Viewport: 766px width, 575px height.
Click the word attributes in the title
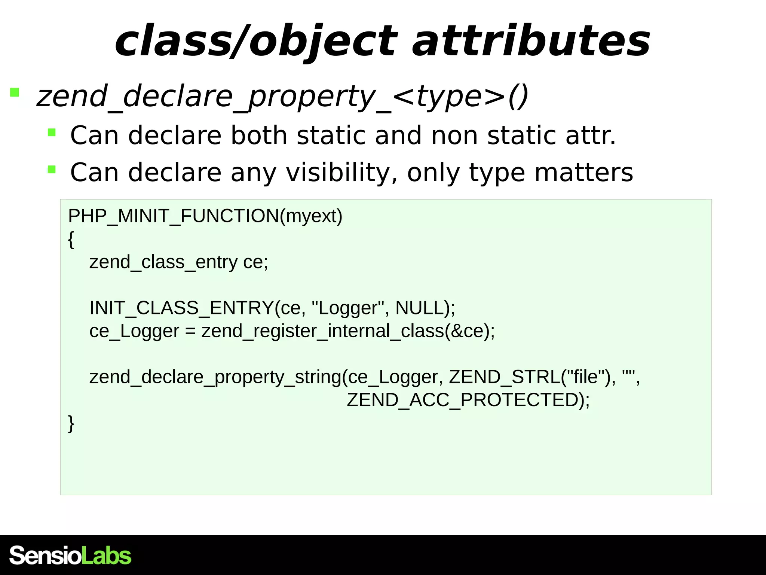coord(531,40)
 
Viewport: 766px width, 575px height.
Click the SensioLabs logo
coord(70,555)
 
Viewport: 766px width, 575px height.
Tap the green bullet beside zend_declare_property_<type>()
coord(15,92)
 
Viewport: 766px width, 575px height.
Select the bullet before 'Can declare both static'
coord(52,132)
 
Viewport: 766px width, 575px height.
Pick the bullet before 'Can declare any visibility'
coord(52,170)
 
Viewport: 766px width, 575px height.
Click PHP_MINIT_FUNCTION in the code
coord(174,216)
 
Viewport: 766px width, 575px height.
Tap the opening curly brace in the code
coord(71,240)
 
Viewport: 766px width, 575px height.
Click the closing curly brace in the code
coord(71,423)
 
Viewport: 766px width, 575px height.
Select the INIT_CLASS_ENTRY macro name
coord(182,308)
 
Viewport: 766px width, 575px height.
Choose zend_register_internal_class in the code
coord(322,331)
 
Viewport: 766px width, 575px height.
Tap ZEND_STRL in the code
coord(504,377)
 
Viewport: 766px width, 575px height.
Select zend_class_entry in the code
coord(163,262)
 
